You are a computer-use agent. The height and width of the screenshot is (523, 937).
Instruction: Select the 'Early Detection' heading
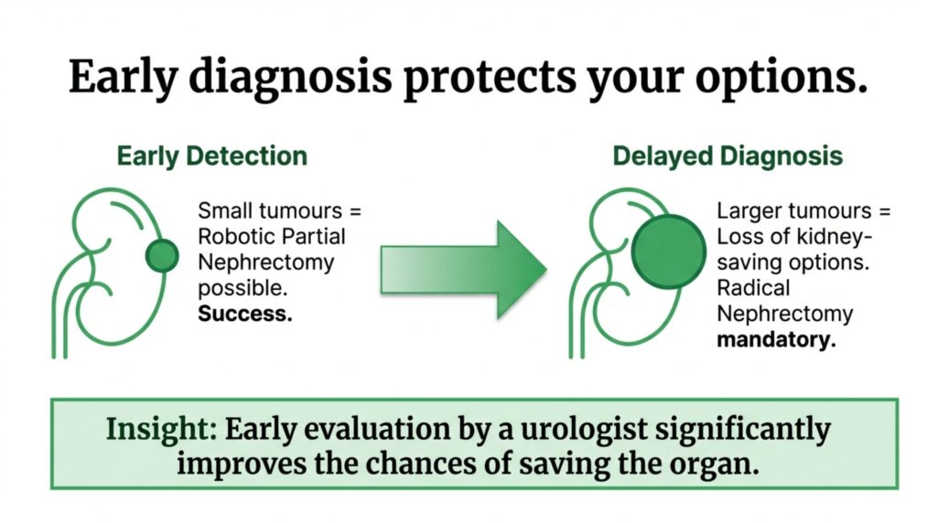tap(211, 155)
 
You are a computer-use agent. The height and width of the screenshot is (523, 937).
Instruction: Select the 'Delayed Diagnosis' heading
tap(727, 155)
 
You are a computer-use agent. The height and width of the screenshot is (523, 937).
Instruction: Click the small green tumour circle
tap(162, 255)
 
